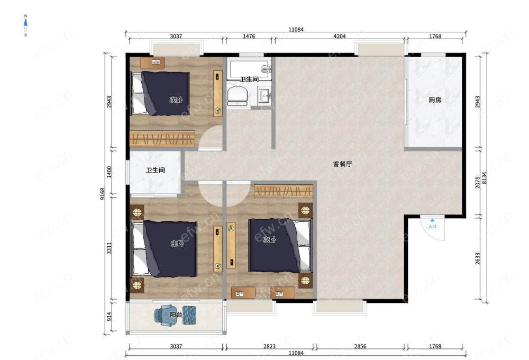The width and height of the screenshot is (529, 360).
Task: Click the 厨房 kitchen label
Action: tap(435, 100)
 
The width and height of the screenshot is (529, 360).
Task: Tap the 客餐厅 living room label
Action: tap(342, 164)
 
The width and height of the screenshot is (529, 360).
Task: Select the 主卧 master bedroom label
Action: tap(177, 243)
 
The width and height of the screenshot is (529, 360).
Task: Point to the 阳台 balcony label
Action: tap(176, 315)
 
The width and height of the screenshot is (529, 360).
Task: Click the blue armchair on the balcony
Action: tap(165, 316)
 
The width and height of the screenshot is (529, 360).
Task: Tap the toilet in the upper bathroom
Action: tap(238, 95)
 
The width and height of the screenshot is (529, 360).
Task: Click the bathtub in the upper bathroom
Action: tap(249, 69)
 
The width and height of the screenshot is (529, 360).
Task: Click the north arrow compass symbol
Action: tap(25, 25)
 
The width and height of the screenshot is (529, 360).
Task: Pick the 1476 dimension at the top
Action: tap(249, 36)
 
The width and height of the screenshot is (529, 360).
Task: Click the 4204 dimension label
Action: tap(340, 36)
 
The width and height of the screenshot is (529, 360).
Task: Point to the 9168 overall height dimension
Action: tap(103, 194)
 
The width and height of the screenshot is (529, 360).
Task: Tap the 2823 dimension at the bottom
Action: tap(270, 346)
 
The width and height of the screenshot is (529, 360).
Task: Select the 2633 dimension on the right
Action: tap(477, 258)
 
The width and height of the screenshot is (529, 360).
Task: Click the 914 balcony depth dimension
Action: tap(109, 317)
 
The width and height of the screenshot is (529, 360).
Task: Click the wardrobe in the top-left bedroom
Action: tap(162, 139)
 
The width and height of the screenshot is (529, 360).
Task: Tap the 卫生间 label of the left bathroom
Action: tap(155, 170)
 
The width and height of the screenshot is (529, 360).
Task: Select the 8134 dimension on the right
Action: tap(485, 178)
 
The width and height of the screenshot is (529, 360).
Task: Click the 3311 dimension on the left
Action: tap(109, 248)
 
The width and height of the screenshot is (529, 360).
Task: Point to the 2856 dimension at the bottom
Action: tap(360, 346)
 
